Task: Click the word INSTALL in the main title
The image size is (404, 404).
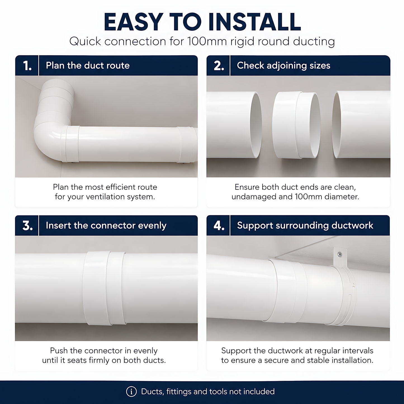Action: tap(254, 22)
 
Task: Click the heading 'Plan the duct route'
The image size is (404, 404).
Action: tap(88, 66)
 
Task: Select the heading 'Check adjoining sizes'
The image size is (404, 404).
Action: tap(283, 66)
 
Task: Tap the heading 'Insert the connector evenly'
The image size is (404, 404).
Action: tap(106, 226)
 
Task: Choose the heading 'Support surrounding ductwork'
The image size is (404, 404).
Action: tap(305, 226)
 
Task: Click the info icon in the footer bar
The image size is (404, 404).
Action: tap(131, 391)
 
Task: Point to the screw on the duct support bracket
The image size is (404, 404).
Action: tap(340, 255)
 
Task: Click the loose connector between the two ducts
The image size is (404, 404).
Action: tap(296, 125)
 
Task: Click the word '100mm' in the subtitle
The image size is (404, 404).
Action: tap(207, 41)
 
